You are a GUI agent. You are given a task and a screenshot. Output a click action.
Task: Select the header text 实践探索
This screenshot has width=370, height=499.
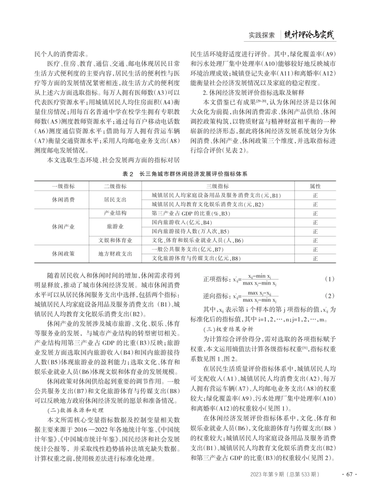[x=262, y=35]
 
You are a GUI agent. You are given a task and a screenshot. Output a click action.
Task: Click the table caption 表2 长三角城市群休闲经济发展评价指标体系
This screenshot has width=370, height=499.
[x=185, y=174]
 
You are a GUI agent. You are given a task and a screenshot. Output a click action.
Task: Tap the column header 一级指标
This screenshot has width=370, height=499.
[x=63, y=186]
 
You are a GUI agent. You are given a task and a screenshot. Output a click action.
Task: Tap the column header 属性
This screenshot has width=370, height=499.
[x=315, y=186]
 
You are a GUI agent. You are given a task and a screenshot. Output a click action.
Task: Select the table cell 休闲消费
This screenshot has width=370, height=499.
[x=63, y=200]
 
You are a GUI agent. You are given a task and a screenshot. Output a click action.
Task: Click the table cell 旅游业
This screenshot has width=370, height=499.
[x=115, y=226]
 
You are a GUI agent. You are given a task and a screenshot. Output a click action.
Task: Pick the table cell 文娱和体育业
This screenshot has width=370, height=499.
[x=115, y=240]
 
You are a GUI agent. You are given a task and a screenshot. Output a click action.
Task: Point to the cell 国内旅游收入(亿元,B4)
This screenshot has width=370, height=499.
[x=182, y=222]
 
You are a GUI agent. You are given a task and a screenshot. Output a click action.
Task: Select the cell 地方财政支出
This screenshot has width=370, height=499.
[x=115, y=254]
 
